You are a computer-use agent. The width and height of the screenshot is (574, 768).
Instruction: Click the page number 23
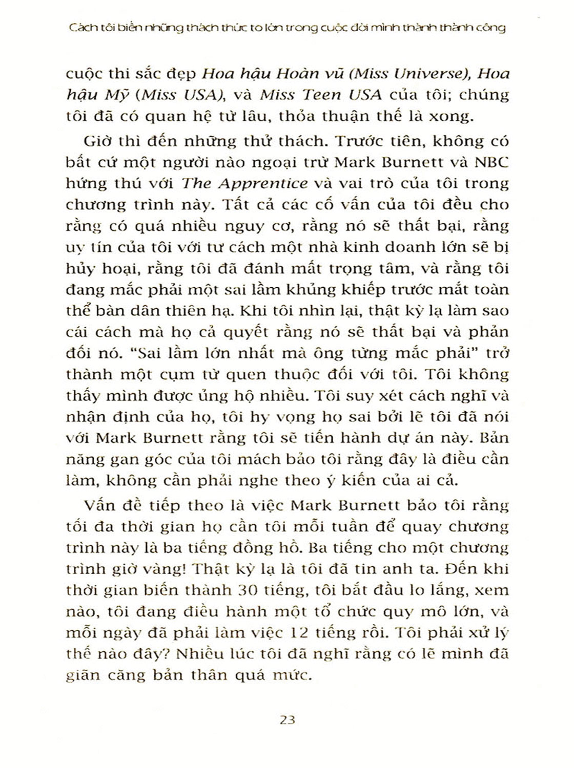point(288,719)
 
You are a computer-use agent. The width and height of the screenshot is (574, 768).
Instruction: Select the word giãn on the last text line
point(80,675)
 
